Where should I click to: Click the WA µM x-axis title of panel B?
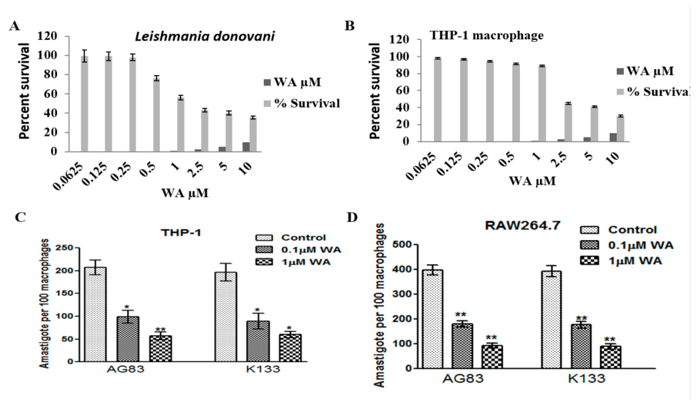532,181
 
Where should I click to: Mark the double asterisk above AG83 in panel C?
160,329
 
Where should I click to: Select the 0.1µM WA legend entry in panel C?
310,250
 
